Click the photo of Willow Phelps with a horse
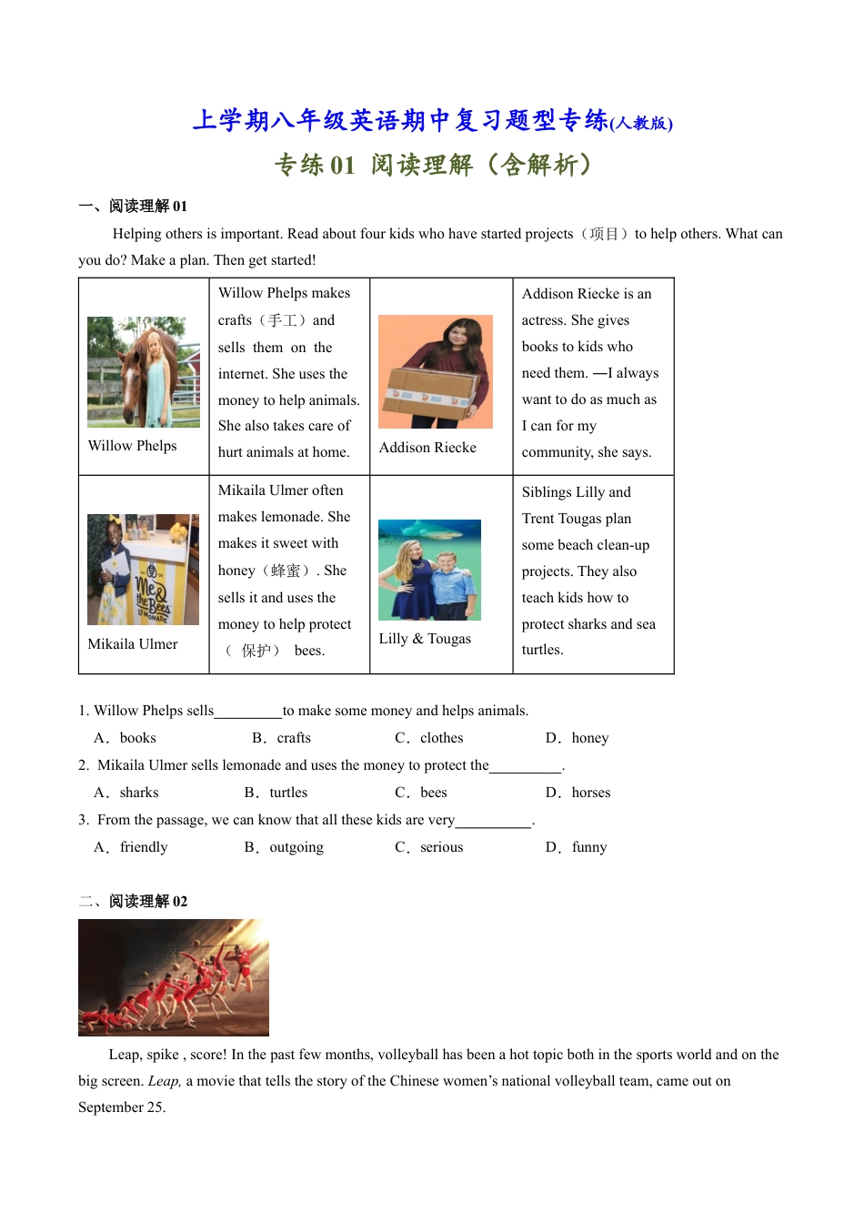click(144, 371)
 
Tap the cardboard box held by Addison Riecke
click(430, 392)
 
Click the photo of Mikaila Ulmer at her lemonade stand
click(143, 570)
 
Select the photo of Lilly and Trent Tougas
click(429, 570)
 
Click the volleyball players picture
click(174, 977)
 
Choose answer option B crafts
click(283, 738)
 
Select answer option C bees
click(422, 793)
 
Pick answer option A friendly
click(132, 847)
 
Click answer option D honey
click(578, 738)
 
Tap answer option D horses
click(579, 793)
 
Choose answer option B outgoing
click(285, 847)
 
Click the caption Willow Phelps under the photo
click(133, 446)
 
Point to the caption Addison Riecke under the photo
click(427, 448)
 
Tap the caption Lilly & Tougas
click(425, 639)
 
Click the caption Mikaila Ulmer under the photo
click(133, 644)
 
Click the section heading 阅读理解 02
click(147, 901)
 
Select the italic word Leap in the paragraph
click(164, 1081)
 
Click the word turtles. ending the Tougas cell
click(543, 650)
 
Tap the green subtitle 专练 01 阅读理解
click(433, 165)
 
